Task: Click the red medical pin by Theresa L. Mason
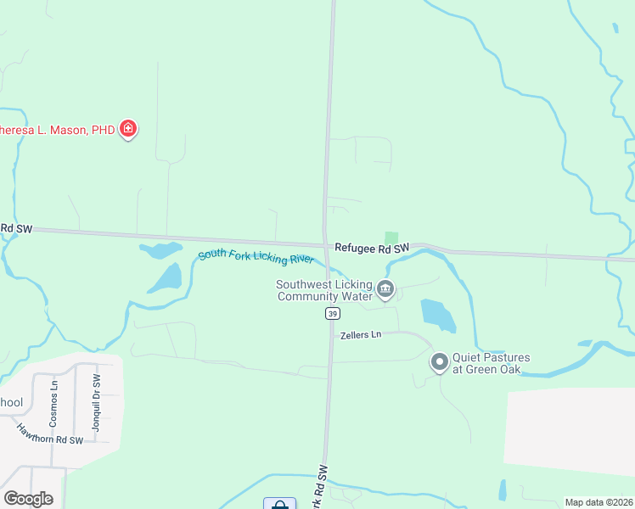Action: point(128,129)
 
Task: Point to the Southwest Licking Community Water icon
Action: point(385,290)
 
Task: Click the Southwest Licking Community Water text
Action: point(324,290)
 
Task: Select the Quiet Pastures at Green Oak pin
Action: point(440,362)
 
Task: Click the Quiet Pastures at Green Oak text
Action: point(491,363)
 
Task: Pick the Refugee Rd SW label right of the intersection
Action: point(372,248)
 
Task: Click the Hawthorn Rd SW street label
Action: point(49,433)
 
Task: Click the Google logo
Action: point(28,499)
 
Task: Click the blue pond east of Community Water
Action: point(437,316)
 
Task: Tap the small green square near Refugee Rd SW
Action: point(391,238)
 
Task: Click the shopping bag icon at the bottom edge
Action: point(279,504)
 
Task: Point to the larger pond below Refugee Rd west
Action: point(166,278)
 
